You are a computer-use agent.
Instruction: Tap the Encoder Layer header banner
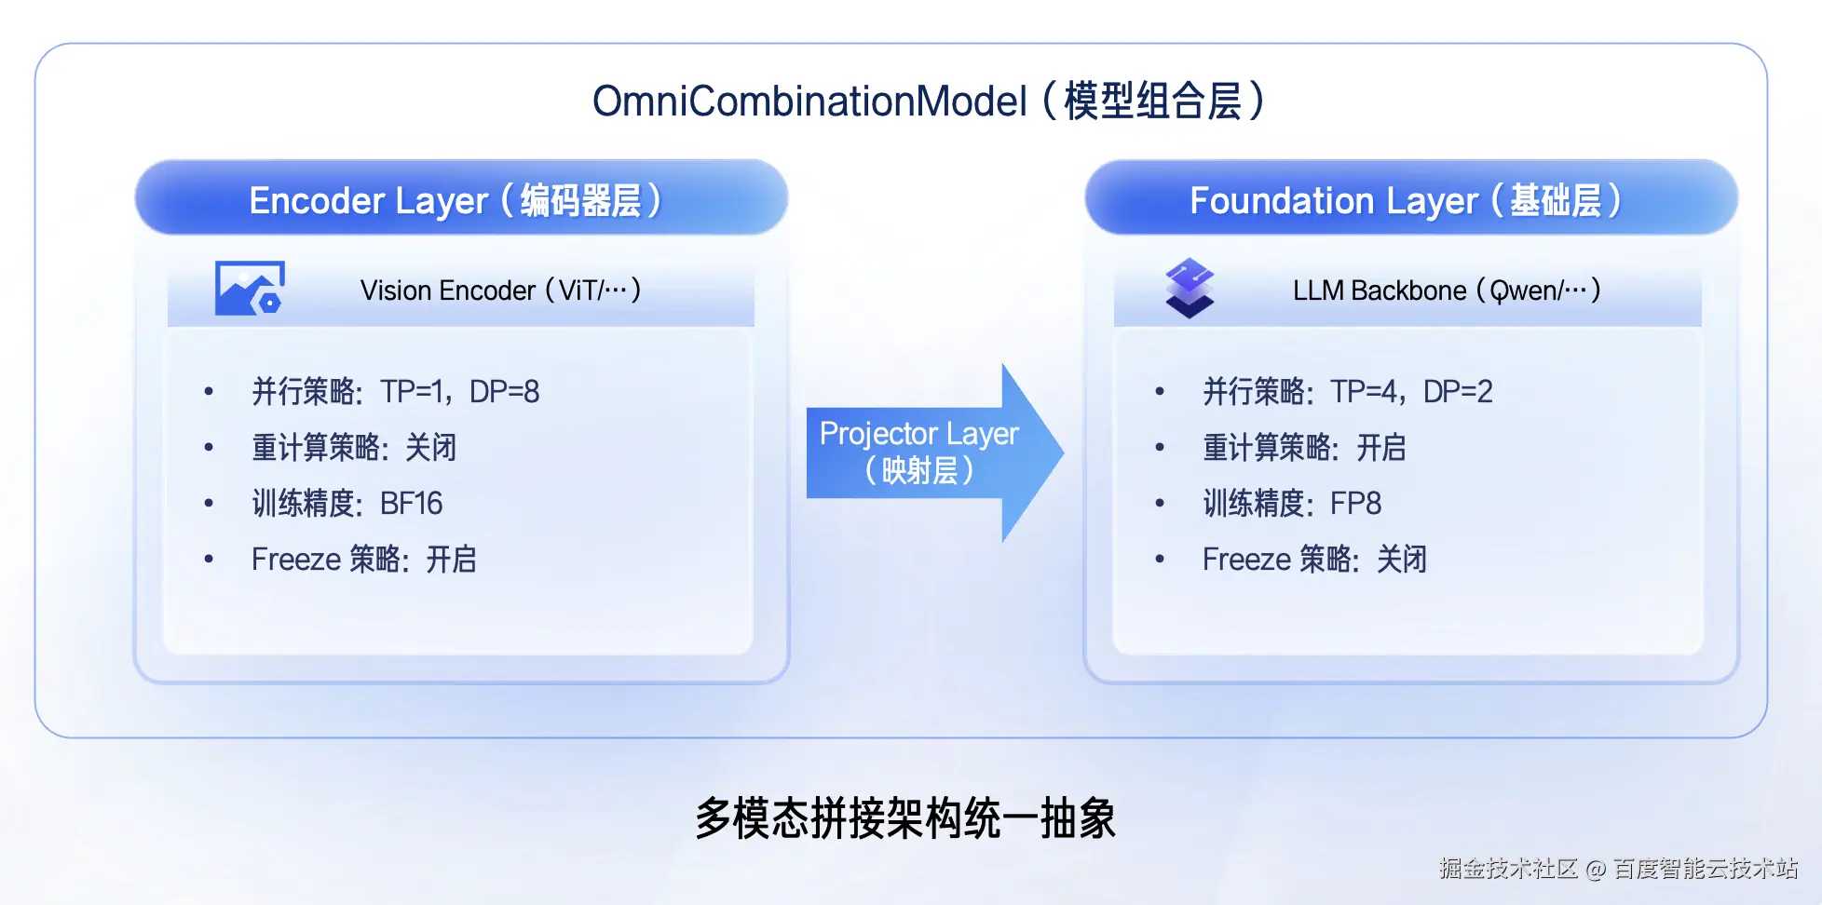click(461, 199)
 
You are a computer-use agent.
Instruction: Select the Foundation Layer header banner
click(1410, 199)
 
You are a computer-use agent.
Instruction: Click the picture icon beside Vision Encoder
click(250, 289)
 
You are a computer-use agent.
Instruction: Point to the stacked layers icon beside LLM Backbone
click(1190, 288)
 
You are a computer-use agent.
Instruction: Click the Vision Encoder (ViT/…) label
click(500, 290)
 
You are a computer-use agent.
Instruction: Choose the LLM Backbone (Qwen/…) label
click(1446, 290)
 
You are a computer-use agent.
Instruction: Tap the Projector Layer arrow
click(931, 452)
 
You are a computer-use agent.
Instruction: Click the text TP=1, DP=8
click(459, 392)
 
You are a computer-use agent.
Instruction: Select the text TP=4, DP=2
click(1410, 392)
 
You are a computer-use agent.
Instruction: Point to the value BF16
click(411, 504)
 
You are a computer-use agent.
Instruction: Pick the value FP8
click(1355, 504)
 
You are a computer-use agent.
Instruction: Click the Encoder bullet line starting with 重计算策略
click(354, 448)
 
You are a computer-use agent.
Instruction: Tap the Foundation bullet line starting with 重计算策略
click(1303, 448)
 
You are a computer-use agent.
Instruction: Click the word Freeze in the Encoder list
click(296, 560)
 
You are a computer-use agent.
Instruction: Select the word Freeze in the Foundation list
click(1247, 560)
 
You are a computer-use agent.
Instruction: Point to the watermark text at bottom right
click(1618, 869)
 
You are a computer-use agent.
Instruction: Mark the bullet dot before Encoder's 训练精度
click(209, 504)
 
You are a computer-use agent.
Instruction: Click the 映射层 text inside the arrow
click(919, 471)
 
